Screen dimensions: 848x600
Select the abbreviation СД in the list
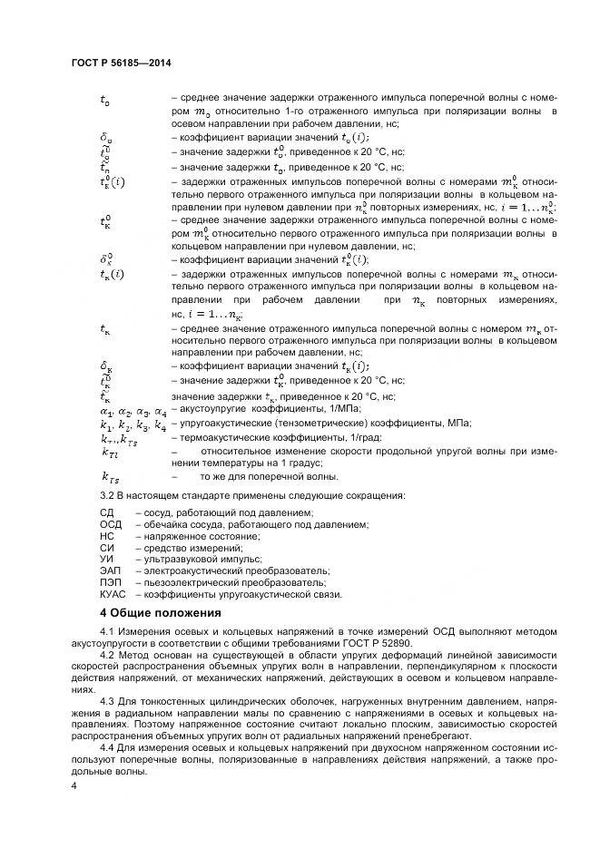[106, 512]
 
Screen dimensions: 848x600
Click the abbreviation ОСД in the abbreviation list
[110, 524]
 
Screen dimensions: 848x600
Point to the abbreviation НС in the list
[106, 536]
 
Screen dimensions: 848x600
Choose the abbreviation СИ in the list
[106, 548]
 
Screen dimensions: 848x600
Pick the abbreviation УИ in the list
[106, 560]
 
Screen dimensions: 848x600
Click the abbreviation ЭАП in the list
[110, 571]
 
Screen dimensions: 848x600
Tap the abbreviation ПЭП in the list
[110, 583]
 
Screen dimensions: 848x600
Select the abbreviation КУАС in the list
[113, 595]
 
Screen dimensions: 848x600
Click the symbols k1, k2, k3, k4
[133, 424]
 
